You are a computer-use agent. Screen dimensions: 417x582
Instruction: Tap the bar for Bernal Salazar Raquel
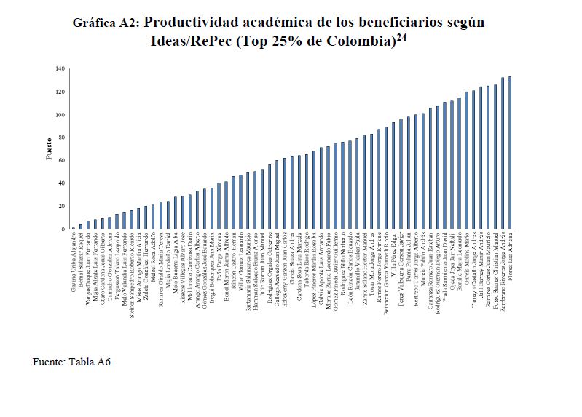point(81,226)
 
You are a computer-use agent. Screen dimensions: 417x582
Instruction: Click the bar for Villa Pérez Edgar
point(393,175)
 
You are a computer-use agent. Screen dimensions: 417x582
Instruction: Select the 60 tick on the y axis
point(61,160)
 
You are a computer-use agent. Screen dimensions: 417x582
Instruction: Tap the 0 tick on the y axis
point(63,229)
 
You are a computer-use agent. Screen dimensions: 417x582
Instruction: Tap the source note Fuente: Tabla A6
point(73,361)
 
